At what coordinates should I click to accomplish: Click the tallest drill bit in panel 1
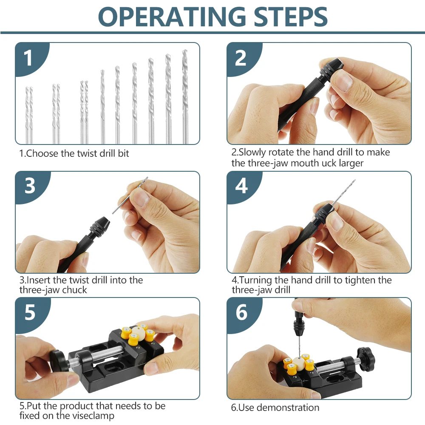point(185,97)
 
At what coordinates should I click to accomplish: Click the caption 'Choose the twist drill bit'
point(77,153)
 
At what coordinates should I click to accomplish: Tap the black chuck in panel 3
point(100,224)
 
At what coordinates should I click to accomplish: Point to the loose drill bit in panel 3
point(130,195)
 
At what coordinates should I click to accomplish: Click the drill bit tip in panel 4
point(354,180)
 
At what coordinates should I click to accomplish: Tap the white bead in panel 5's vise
point(138,333)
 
